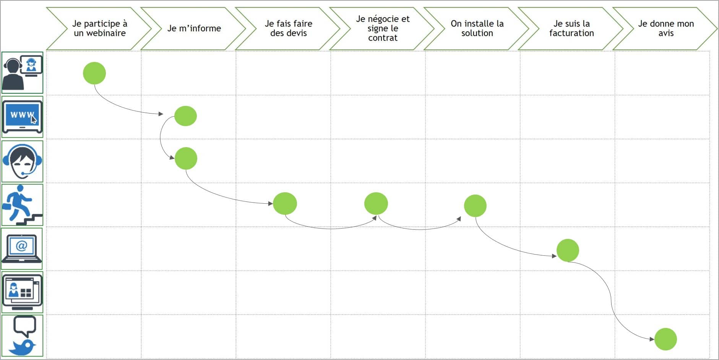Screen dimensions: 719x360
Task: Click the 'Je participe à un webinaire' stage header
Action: (x=99, y=28)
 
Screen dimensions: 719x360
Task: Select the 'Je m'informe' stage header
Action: (x=194, y=28)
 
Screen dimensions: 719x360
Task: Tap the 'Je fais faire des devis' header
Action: (x=288, y=28)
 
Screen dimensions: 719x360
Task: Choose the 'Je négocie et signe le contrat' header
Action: (x=383, y=28)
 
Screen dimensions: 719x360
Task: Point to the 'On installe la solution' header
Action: (x=477, y=28)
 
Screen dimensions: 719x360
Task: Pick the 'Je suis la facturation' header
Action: (x=571, y=28)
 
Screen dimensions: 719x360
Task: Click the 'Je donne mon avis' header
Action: (x=666, y=28)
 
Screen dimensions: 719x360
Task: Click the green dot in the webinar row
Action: (x=94, y=73)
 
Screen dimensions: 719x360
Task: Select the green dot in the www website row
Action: (x=185, y=116)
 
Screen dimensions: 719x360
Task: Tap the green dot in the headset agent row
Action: (x=186, y=158)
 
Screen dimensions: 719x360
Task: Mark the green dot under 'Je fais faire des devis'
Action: (x=285, y=203)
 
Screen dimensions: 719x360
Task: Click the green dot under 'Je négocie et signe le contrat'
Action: (x=376, y=203)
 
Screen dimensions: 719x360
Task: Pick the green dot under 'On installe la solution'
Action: (x=475, y=206)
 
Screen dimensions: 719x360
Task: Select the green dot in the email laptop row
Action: (x=568, y=250)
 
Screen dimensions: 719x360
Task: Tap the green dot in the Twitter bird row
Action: (x=665, y=339)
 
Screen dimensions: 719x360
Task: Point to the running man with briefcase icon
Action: (x=22, y=205)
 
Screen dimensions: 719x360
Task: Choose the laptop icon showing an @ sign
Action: (x=22, y=249)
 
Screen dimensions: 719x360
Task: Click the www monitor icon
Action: (x=22, y=117)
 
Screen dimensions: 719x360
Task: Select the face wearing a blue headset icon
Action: (x=22, y=161)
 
